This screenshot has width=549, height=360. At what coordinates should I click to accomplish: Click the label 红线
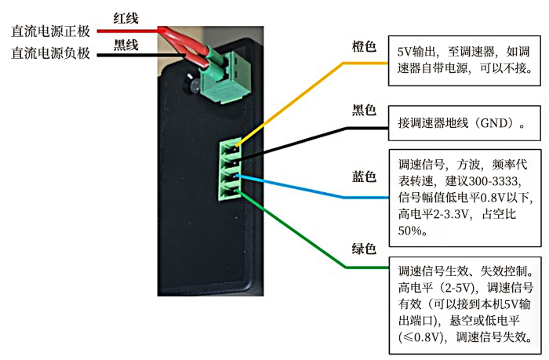[125, 18]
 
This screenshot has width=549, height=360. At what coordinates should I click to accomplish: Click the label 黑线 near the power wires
[125, 45]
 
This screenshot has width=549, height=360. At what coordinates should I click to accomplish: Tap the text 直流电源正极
[50, 31]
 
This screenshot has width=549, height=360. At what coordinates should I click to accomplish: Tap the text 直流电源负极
[50, 53]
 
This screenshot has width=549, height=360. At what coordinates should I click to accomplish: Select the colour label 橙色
[364, 46]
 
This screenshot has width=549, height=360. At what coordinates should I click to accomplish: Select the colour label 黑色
[364, 110]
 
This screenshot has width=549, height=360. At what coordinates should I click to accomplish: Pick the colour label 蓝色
[364, 176]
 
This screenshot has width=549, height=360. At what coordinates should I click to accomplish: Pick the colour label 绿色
[364, 249]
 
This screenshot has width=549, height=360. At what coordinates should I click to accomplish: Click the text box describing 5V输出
[464, 60]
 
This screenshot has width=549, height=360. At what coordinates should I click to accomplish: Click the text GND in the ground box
[493, 123]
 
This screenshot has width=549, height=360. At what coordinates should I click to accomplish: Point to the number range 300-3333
[493, 181]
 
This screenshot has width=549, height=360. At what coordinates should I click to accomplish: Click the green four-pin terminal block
[230, 170]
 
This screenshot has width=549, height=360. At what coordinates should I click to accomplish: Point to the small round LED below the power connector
[193, 84]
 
